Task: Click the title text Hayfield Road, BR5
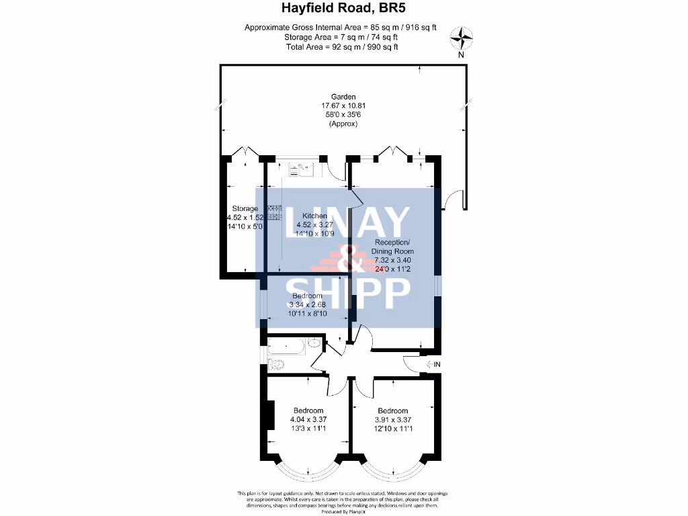pos(343,9)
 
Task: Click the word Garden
pos(343,97)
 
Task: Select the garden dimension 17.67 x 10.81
pos(343,106)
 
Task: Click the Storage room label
pos(245,209)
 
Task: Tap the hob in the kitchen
pos(274,213)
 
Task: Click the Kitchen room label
pos(314,216)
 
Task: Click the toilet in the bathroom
pos(276,365)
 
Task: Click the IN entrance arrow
pos(433,364)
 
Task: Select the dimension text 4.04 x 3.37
pos(308,420)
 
